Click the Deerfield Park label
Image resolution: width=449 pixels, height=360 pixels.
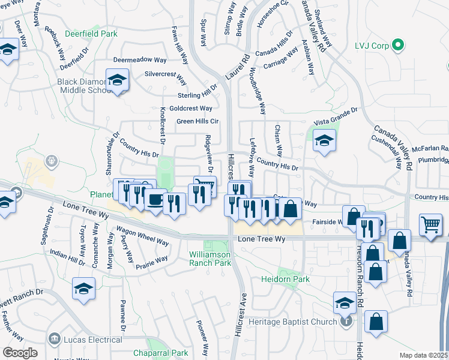(x=92, y=34)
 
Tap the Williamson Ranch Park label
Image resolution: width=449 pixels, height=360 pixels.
(x=210, y=259)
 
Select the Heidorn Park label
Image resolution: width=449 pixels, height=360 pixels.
(x=285, y=280)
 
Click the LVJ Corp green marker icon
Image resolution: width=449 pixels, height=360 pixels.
(x=397, y=45)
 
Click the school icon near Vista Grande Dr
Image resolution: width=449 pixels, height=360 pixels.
(x=324, y=141)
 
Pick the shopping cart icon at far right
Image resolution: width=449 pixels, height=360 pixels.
(x=432, y=226)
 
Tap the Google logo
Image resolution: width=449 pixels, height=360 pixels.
(x=20, y=353)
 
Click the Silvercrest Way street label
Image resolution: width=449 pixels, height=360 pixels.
(x=167, y=74)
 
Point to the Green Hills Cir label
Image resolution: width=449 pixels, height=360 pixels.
(x=196, y=121)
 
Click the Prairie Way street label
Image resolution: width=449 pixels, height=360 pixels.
(x=151, y=262)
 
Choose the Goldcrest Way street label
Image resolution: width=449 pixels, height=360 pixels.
(x=191, y=109)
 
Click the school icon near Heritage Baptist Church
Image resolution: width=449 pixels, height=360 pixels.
(x=345, y=302)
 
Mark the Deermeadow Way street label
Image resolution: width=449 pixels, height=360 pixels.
(x=140, y=61)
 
